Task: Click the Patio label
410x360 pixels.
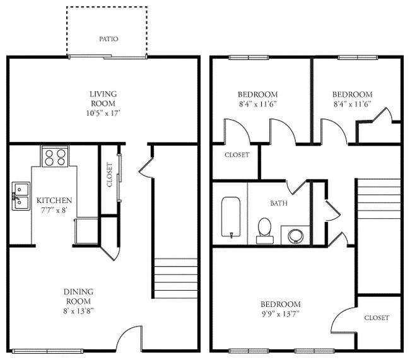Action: (x=108, y=39)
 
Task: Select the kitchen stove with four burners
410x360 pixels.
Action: (x=54, y=156)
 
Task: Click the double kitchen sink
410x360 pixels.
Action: (x=20, y=194)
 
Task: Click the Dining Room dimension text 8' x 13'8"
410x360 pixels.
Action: (x=79, y=311)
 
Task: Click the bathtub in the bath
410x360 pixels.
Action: (x=231, y=218)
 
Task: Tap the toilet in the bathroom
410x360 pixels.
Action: (x=264, y=230)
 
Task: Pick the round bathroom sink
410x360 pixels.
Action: (x=295, y=236)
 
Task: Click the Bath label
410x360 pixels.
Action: (x=279, y=204)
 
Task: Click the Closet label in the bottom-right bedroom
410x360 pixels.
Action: (x=377, y=318)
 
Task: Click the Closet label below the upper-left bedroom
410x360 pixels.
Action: (x=237, y=154)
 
